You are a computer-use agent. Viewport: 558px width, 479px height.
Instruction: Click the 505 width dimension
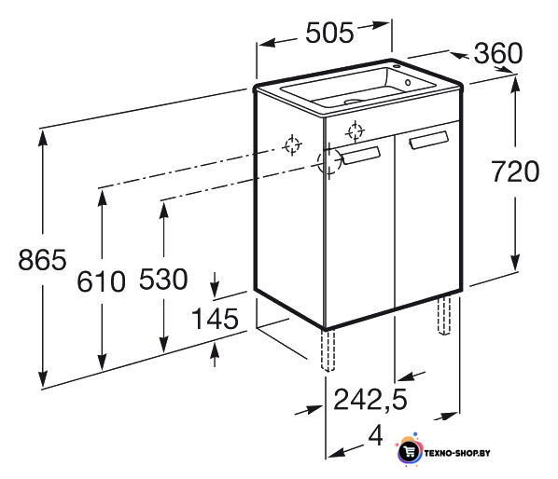pos(329,33)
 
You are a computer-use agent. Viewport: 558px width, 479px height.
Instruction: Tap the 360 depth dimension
pos(498,53)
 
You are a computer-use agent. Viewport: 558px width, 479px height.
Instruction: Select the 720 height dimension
pos(515,171)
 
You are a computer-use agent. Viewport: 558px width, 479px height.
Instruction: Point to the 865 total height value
pos(42,260)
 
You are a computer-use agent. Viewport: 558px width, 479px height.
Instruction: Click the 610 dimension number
pos(101,281)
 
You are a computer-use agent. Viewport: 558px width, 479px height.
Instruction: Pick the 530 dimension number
pos(163,279)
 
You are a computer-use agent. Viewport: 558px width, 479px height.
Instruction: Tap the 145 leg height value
pos(215,319)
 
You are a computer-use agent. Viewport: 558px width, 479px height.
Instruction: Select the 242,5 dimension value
pos(370,400)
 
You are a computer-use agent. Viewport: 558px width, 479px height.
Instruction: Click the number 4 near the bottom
pos(376,435)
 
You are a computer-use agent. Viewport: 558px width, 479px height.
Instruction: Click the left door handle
pos(361,155)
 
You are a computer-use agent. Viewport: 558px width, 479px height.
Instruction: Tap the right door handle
pos(429,140)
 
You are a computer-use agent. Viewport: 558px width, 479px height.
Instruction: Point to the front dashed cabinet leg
pos(328,350)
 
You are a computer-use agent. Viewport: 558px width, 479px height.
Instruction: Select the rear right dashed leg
pos(444,316)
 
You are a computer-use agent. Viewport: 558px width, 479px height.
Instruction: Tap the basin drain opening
pos(353,102)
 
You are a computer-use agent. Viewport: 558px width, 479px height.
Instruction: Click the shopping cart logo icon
pos(410,451)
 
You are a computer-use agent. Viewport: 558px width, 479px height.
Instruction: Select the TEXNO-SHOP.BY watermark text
pos(457,453)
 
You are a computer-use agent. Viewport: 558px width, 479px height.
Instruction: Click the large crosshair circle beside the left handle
pos(329,161)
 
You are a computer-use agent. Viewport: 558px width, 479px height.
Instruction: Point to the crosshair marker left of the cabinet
pos(292,145)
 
